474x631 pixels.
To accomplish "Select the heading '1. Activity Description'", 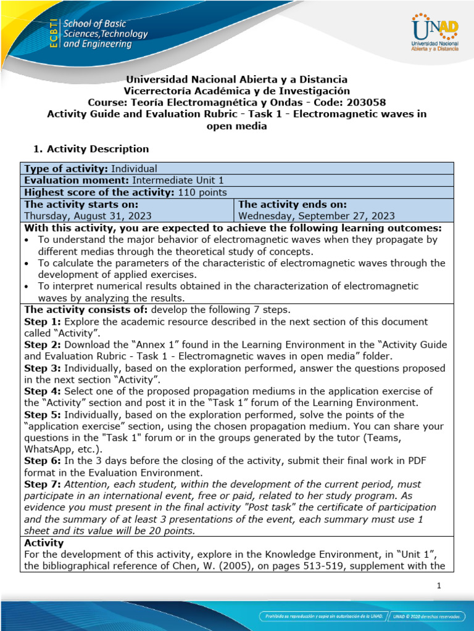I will pyautogui.click(x=89, y=149).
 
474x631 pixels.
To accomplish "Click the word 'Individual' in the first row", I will pyautogui.click(x=134, y=168).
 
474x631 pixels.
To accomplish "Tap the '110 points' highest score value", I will pyautogui.click(x=202, y=192).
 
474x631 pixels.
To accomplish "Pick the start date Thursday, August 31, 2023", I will pyautogui.click(x=87, y=216).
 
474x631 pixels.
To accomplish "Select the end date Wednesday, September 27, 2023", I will pyautogui.click(x=317, y=216).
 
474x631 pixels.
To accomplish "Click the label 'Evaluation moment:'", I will pyautogui.click(x=75, y=180).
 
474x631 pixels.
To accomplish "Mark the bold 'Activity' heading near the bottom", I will pyautogui.click(x=43, y=543).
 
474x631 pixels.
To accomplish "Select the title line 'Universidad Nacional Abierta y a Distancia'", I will pyautogui.click(x=236, y=79).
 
